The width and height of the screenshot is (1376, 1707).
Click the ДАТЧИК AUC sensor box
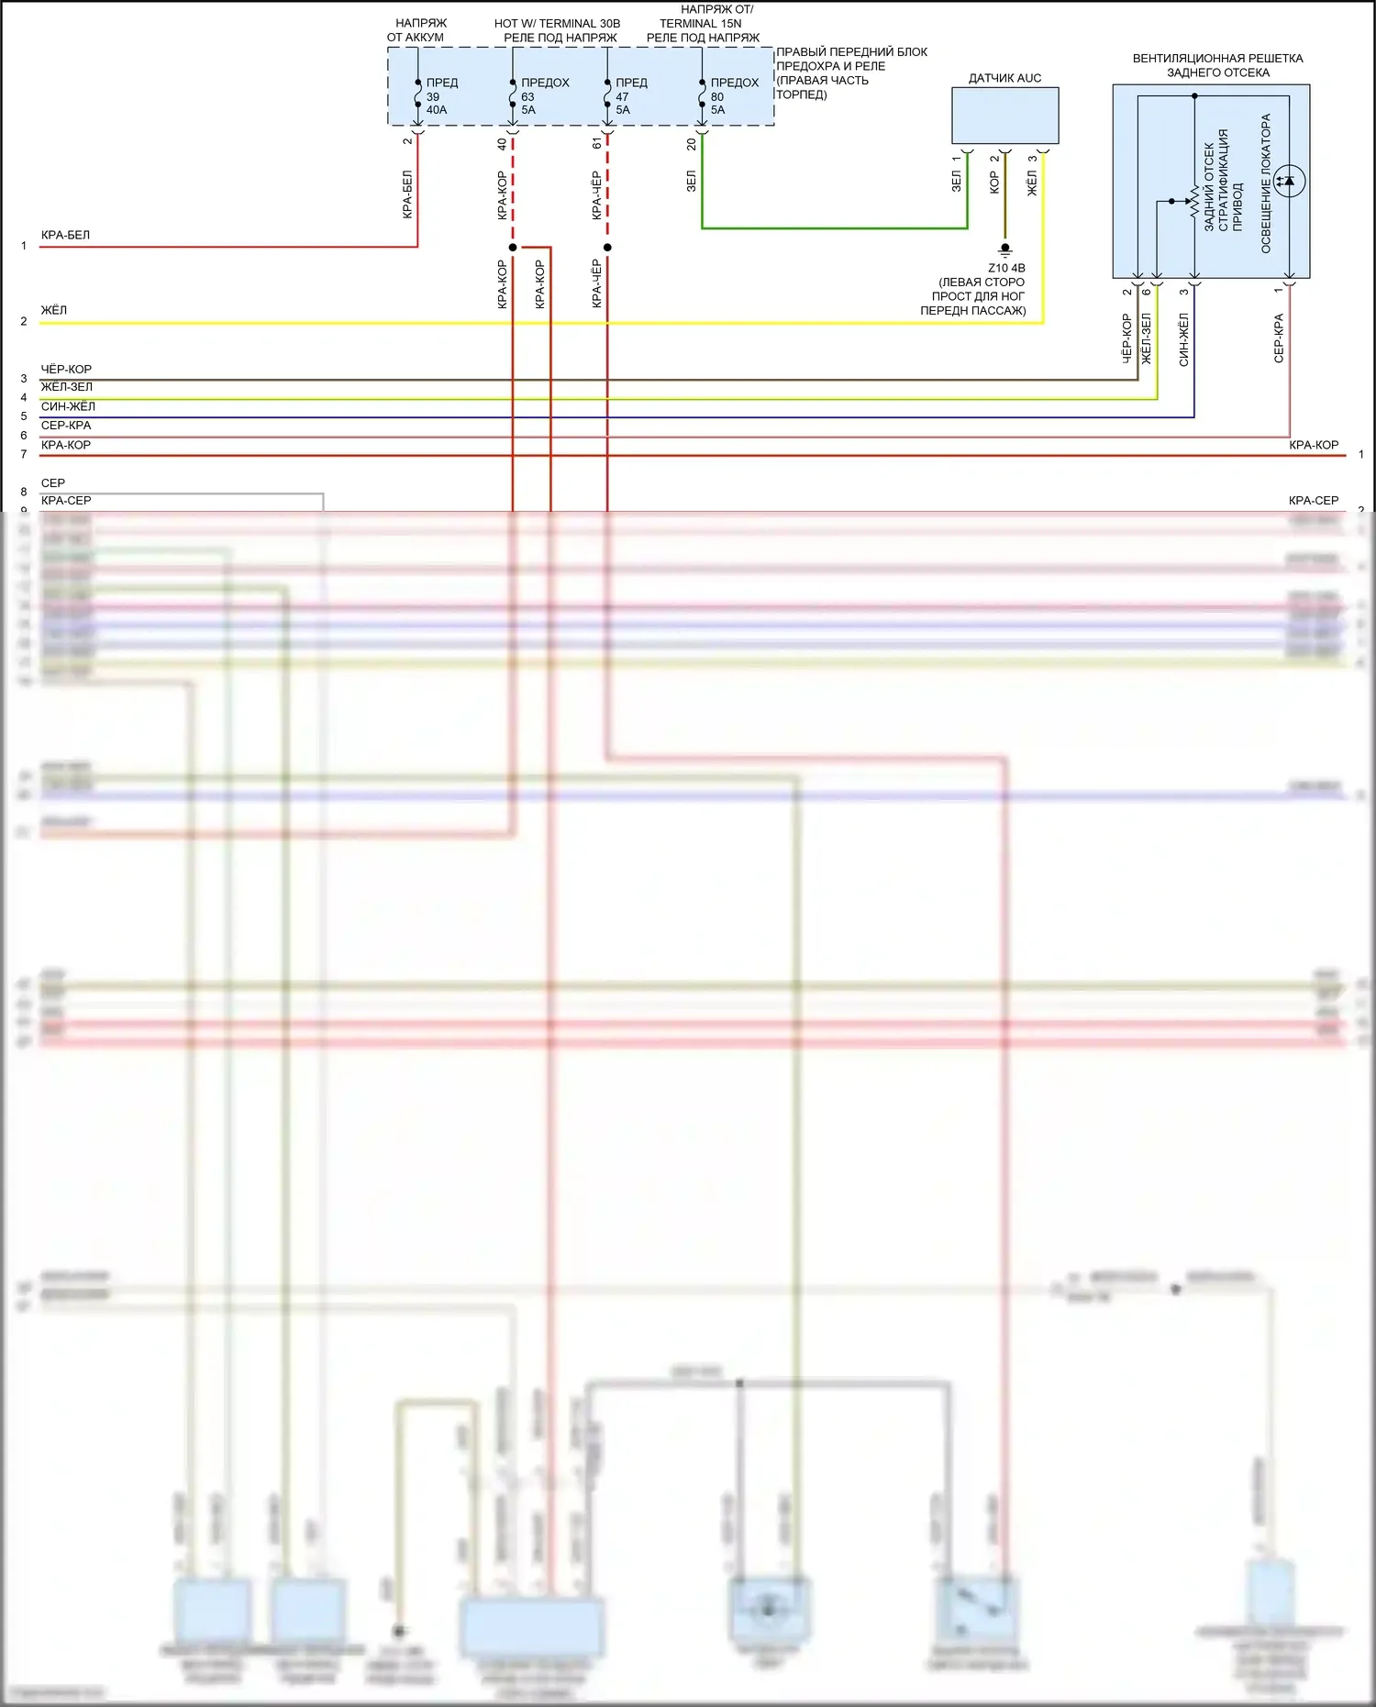[1004, 115]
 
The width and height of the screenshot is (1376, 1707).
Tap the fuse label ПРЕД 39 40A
[440, 96]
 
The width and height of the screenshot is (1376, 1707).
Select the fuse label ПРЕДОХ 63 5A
[543, 96]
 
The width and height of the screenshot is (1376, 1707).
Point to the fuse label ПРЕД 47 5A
[630, 96]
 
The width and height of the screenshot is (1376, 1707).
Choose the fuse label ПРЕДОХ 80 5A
[733, 96]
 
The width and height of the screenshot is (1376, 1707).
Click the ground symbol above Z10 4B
[1005, 249]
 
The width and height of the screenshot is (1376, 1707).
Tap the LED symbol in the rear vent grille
[1289, 181]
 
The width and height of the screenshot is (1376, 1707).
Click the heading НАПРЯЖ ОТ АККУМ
[417, 30]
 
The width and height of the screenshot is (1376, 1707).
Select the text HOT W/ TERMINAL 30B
[557, 24]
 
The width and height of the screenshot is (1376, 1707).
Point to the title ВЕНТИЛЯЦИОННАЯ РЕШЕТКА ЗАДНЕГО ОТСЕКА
[1217, 65]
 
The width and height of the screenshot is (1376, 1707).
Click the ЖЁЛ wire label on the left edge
[54, 310]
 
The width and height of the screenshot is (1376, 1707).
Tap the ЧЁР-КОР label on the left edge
[66, 369]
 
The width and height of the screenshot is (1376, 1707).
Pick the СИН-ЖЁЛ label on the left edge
[68, 406]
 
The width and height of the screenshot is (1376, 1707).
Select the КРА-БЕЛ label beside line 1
[65, 235]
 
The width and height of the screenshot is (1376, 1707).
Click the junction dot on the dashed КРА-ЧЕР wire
[607, 248]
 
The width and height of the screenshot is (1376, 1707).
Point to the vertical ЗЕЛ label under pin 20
[692, 181]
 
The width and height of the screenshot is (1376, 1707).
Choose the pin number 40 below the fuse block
[502, 144]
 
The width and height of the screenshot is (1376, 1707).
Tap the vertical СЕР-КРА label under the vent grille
[1279, 338]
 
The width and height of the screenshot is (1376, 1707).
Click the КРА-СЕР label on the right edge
[1313, 500]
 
